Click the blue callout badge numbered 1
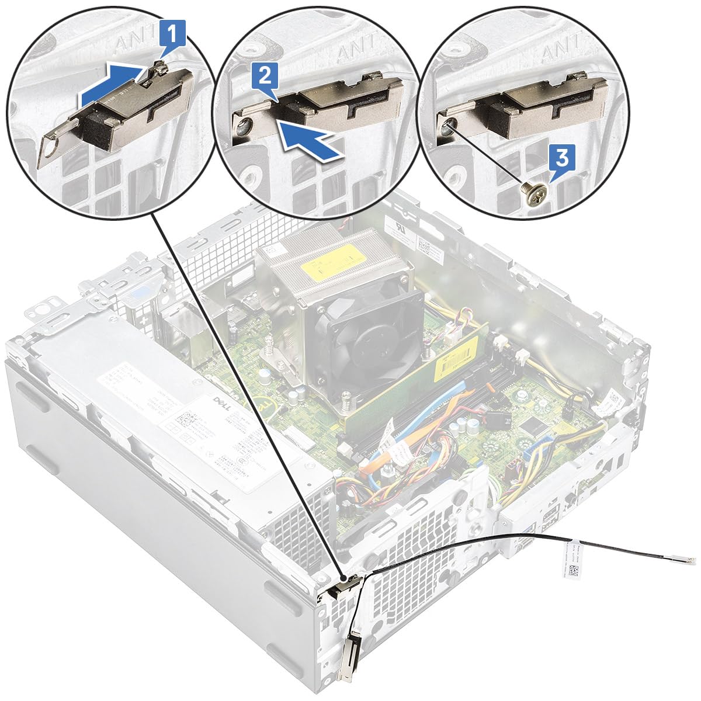[172, 33]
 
